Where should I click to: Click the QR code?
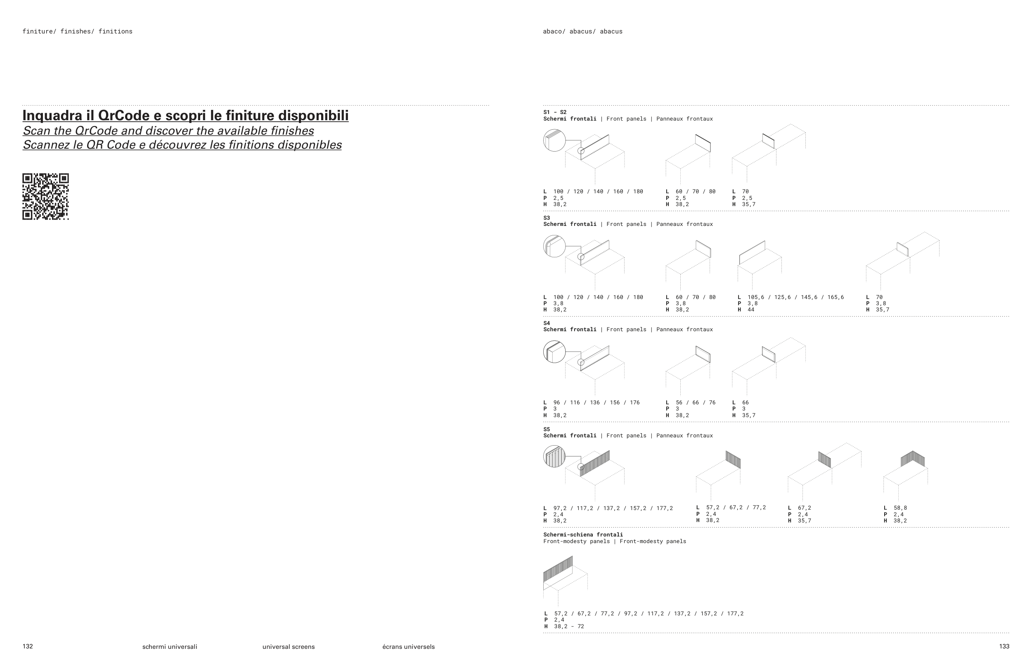coord(45,197)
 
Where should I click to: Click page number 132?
coord(28,646)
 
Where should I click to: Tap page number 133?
coord(1004,646)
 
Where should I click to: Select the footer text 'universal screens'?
coord(288,647)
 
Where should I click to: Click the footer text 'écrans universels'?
coord(408,647)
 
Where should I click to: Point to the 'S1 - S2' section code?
coord(555,112)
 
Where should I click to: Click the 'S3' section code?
coord(547,218)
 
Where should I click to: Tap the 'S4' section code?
coord(547,323)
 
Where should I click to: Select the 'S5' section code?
coord(547,429)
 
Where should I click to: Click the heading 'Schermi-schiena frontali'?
coord(583,534)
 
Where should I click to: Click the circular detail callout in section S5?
coord(554,456)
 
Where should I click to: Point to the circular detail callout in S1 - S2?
coord(554,140)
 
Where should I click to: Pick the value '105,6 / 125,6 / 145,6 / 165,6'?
coord(795,297)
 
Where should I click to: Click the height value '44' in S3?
coord(751,310)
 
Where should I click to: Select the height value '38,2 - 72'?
coord(569,626)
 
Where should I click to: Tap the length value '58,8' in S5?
coord(900,508)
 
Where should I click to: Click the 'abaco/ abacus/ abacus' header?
coord(582,31)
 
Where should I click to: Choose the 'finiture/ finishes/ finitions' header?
coord(78,31)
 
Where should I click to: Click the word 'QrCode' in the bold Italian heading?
coord(123,116)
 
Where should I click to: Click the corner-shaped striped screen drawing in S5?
coord(913,459)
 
